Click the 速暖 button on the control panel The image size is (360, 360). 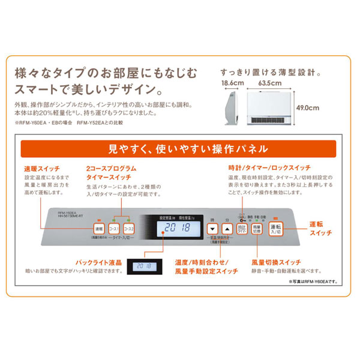tap(98, 229)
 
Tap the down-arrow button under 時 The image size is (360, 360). tap(211, 229)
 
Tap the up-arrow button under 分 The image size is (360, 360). tap(226, 229)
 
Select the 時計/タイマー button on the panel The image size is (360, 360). tap(241, 229)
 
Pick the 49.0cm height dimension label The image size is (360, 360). tap(323, 108)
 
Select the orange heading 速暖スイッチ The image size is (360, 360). tap(39, 169)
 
